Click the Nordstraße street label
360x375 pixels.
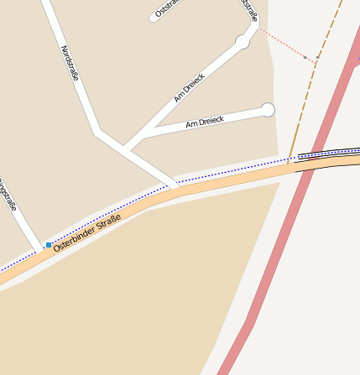70,64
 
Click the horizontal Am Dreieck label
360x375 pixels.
205,122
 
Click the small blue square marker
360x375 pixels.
49,245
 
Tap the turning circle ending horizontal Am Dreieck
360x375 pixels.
268,110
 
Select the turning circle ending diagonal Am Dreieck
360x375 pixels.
243,41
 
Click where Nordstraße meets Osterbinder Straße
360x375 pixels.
171,186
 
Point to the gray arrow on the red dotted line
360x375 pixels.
316,60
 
